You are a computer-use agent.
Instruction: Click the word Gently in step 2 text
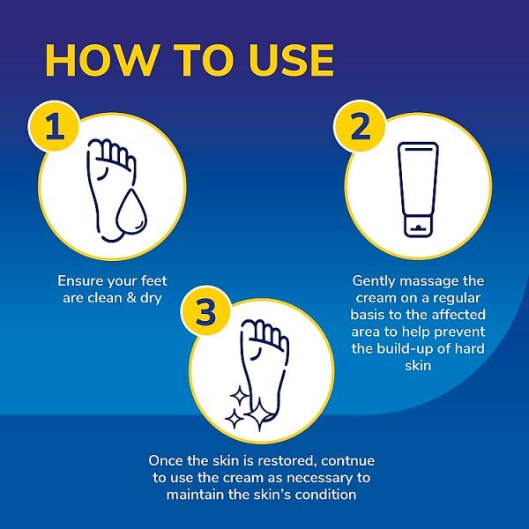click(375, 281)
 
